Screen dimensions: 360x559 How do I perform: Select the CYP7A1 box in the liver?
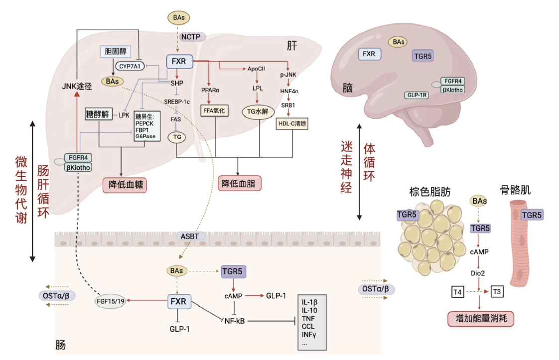pyautogui.click(x=128, y=66)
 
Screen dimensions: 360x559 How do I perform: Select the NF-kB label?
pyautogui.click(x=234, y=321)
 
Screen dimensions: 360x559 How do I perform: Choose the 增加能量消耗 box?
pyautogui.click(x=478, y=318)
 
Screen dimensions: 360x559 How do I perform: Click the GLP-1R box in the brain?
pyautogui.click(x=416, y=95)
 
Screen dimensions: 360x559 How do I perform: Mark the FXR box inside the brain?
pyautogui.click(x=369, y=54)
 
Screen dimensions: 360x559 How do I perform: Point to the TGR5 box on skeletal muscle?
pyautogui.click(x=531, y=215)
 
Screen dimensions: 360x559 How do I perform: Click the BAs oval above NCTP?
pyautogui.click(x=178, y=18)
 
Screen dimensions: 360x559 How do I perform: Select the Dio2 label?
pyautogui.click(x=478, y=272)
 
